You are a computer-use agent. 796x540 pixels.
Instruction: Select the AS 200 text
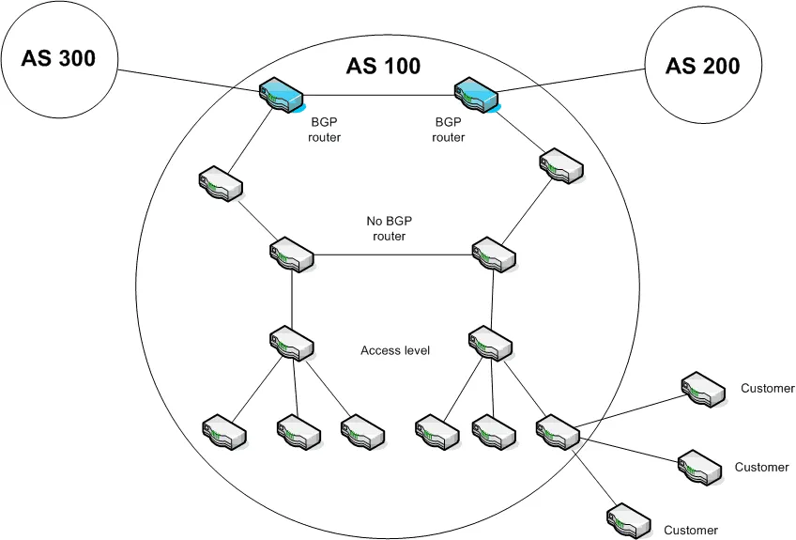pyautogui.click(x=702, y=66)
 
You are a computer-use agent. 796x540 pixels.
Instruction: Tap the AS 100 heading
pyautogui.click(x=383, y=67)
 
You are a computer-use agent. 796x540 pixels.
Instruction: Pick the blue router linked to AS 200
pyautogui.click(x=477, y=95)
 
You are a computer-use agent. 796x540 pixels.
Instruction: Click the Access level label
pyautogui.click(x=394, y=350)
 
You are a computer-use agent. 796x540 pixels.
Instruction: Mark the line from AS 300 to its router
pyautogui.click(x=188, y=81)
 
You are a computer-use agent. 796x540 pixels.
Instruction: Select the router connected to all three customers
pyautogui.click(x=559, y=429)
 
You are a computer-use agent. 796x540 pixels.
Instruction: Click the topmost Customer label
pyautogui.click(x=767, y=388)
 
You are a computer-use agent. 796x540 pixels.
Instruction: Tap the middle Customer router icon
pyautogui.click(x=700, y=464)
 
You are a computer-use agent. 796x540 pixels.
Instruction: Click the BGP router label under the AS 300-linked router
pyautogui.click(x=325, y=129)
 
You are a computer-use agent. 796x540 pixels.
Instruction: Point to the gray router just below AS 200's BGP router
pyautogui.click(x=560, y=165)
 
